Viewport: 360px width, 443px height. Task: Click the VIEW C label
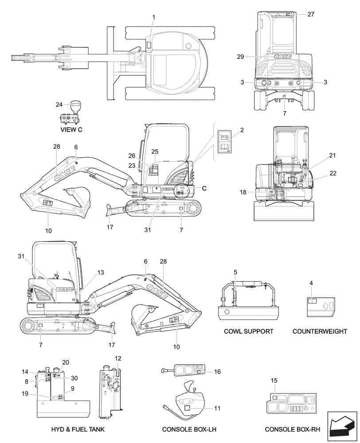[x=71, y=130]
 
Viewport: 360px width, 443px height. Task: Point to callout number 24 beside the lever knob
[x=59, y=105]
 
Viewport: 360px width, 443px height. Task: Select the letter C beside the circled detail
[x=204, y=188]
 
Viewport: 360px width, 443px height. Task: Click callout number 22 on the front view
[x=333, y=173]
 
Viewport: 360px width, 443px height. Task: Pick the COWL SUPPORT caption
[x=249, y=331]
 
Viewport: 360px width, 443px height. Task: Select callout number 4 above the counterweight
[x=311, y=283]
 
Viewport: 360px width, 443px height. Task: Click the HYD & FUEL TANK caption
[x=78, y=430]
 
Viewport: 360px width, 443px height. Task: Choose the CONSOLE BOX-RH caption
[x=292, y=430]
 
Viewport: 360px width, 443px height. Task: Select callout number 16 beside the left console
[x=217, y=372]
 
